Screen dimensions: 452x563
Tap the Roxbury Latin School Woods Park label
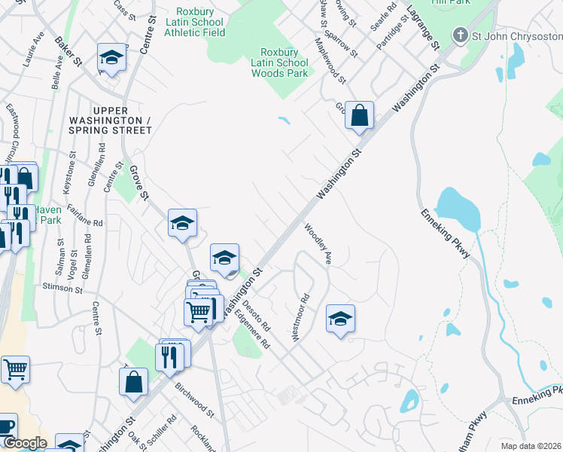(x=279, y=63)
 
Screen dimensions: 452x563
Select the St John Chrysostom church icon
(x=461, y=35)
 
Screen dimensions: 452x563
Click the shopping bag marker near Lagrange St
(x=360, y=116)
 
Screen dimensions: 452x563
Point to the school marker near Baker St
(x=111, y=58)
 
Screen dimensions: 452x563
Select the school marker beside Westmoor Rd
(x=340, y=319)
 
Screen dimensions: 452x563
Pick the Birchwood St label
(x=195, y=396)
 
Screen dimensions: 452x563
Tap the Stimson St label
(x=62, y=287)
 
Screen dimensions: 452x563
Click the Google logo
(x=25, y=443)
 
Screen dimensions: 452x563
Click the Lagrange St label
(x=422, y=29)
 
